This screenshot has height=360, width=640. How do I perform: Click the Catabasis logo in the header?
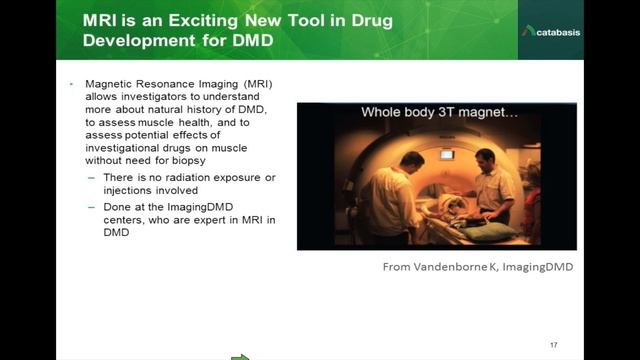[551, 31]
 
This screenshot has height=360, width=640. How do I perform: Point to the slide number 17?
[553, 332]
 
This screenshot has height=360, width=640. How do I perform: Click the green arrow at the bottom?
[240, 355]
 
